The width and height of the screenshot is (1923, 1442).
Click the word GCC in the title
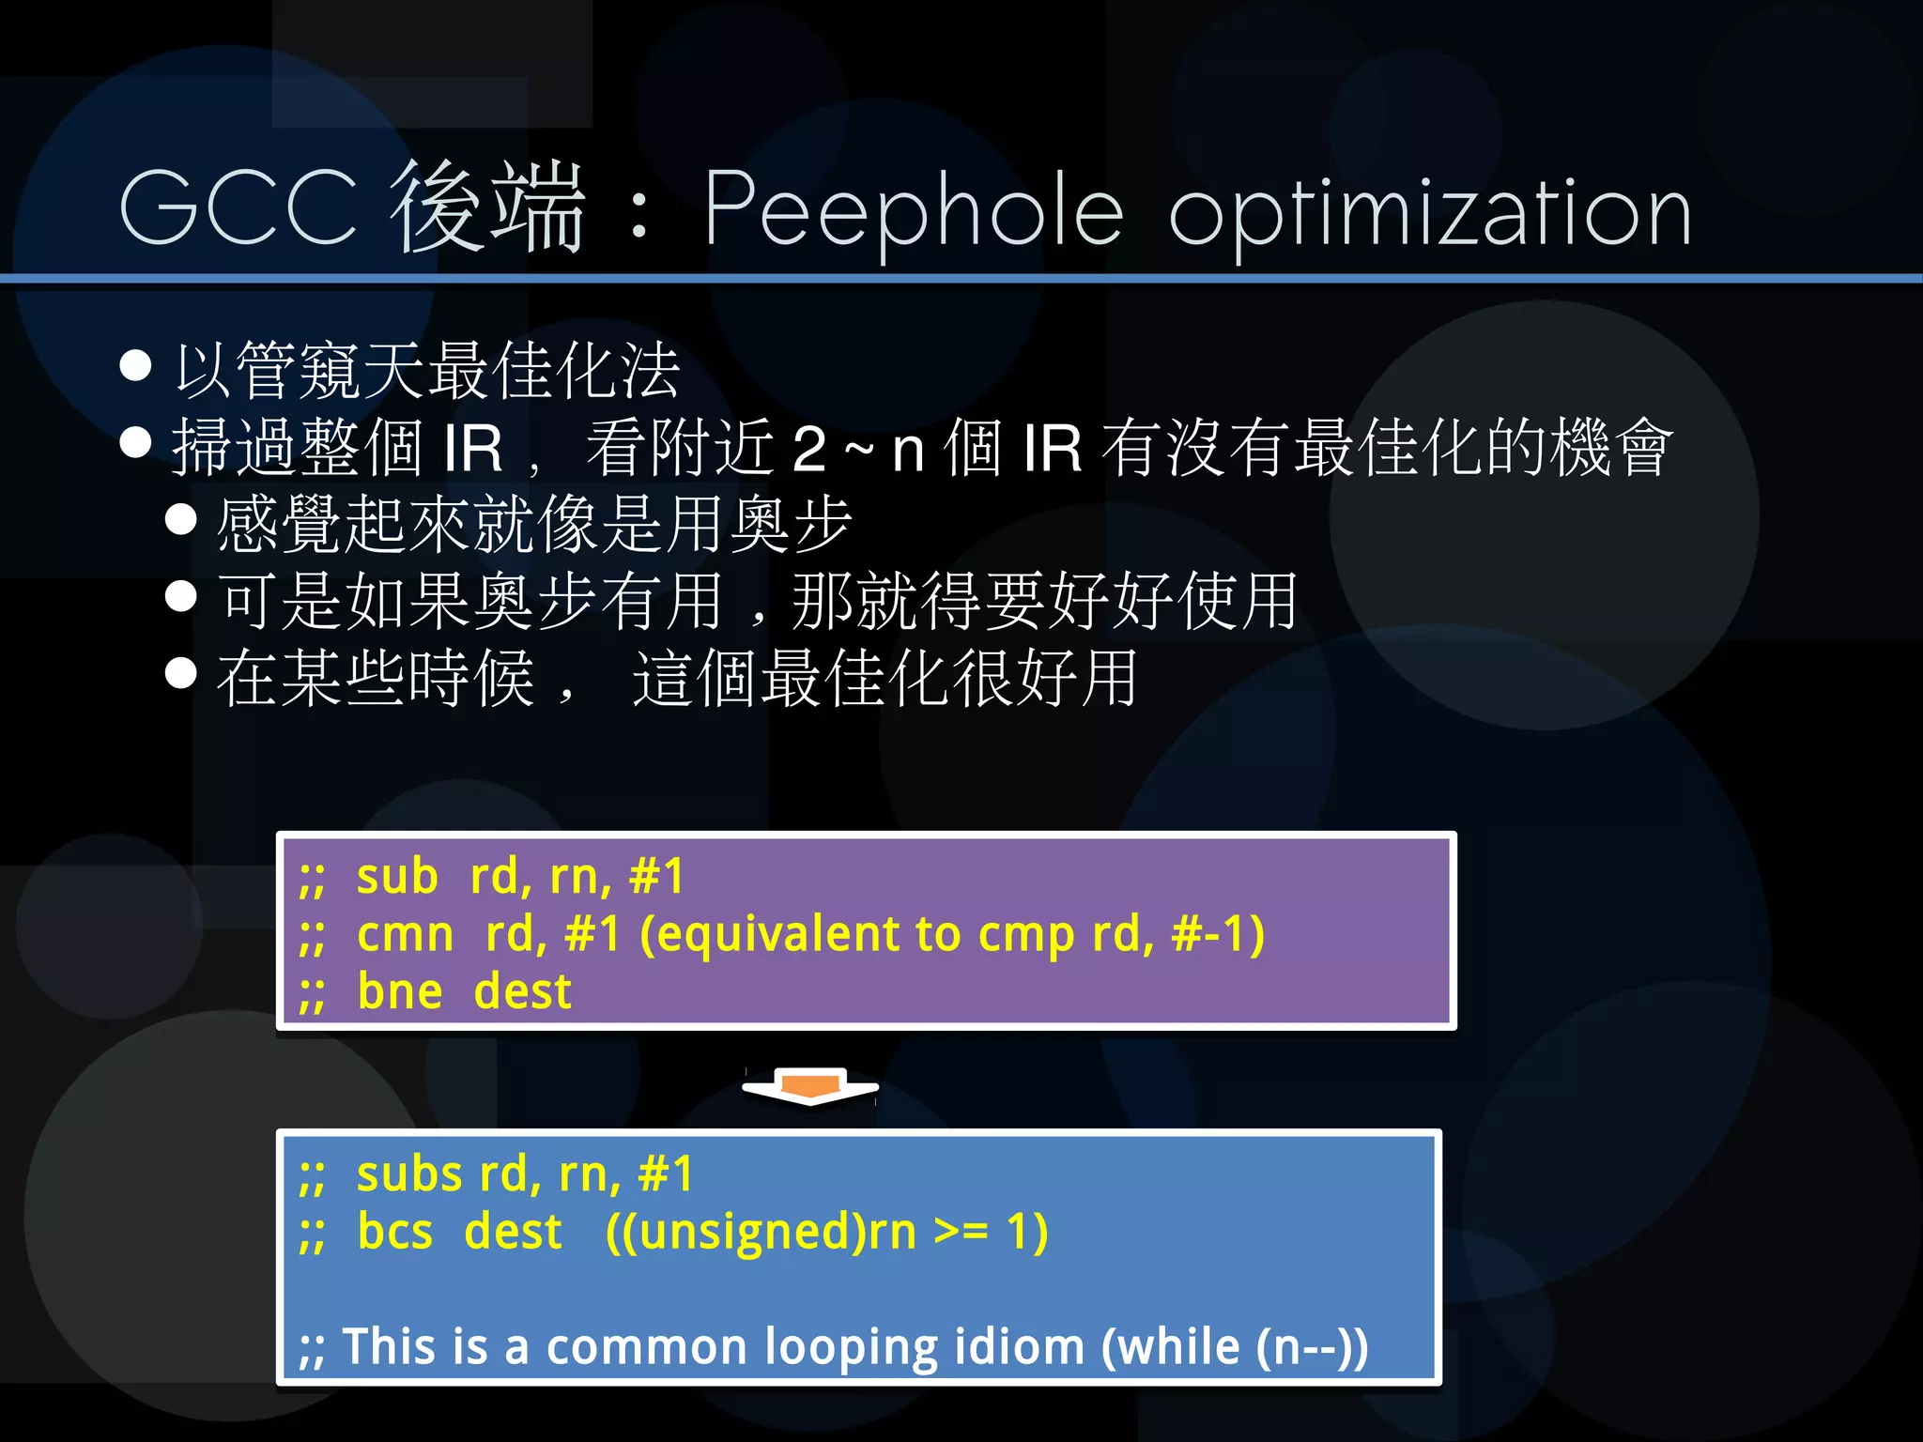238,208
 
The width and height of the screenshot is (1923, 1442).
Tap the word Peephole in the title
913,212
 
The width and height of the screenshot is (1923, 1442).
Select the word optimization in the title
1429,214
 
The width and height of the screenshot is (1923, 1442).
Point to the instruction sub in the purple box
397,877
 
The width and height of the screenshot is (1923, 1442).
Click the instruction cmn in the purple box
405,935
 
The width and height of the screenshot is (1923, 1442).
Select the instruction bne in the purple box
400,992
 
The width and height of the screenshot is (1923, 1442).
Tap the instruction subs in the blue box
409,1174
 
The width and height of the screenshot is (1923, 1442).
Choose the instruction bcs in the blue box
395,1232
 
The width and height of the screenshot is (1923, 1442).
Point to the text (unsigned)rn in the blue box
761,1233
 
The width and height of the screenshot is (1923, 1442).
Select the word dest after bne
522,992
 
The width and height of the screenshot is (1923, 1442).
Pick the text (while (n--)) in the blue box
1234,1347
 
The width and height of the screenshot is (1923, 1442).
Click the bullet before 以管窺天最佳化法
136,366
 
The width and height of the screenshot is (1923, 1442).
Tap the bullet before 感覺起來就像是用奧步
180,519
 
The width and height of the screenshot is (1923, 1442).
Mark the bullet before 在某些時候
180,672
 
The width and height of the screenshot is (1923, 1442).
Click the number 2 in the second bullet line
809,449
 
